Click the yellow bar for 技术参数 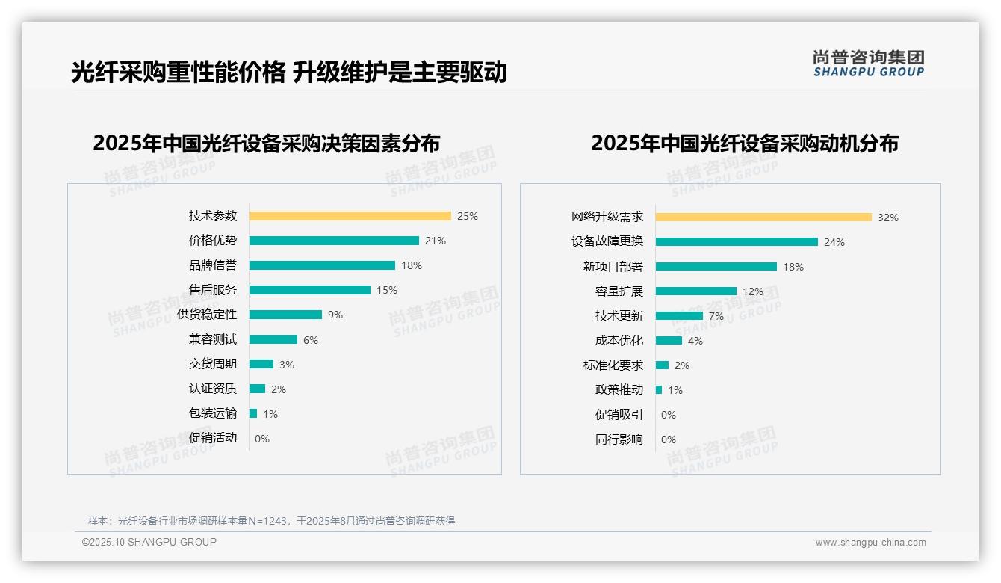pyautogui.click(x=350, y=216)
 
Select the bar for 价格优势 pyautogui.click(x=334, y=241)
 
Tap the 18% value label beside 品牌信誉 pyautogui.click(x=412, y=265)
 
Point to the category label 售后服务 pyautogui.click(x=213, y=290)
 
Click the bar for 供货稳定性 pyautogui.click(x=285, y=315)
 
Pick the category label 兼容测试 pyautogui.click(x=213, y=339)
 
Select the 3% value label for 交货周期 pyautogui.click(x=287, y=365)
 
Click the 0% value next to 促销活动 pyautogui.click(x=262, y=439)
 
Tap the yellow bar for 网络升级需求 pyautogui.click(x=763, y=218)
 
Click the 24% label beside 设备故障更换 pyautogui.click(x=834, y=242)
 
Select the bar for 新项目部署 pyautogui.click(x=716, y=267)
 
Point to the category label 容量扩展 pyautogui.click(x=619, y=291)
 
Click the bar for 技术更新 pyautogui.click(x=679, y=316)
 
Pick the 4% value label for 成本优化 pyautogui.click(x=695, y=341)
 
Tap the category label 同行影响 pyautogui.click(x=619, y=439)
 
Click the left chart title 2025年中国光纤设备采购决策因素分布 pyautogui.click(x=267, y=143)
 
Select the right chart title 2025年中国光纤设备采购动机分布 pyautogui.click(x=745, y=143)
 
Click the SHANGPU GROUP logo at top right pyautogui.click(x=869, y=64)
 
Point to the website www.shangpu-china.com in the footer pyautogui.click(x=870, y=543)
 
